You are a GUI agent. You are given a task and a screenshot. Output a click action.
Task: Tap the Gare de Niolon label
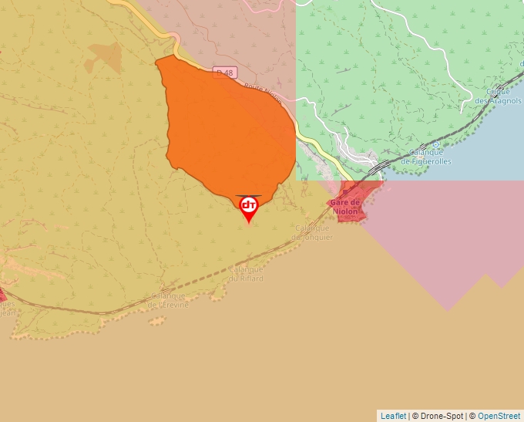[344, 207]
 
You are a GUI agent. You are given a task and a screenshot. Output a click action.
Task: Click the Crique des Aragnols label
[499, 96]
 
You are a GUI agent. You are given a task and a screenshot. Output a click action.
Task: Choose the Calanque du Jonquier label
[313, 232]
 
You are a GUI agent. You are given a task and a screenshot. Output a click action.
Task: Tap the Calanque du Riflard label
[247, 274]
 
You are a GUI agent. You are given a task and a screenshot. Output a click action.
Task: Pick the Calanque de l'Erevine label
[170, 300]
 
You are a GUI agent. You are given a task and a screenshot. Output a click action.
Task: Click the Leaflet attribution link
[393, 416]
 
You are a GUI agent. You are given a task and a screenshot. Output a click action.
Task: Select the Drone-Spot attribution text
[439, 416]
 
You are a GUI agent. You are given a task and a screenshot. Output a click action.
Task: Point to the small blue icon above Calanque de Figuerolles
[436, 143]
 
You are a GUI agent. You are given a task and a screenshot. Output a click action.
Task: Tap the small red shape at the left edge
[2, 294]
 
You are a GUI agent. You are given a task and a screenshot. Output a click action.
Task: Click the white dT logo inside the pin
[248, 205]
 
